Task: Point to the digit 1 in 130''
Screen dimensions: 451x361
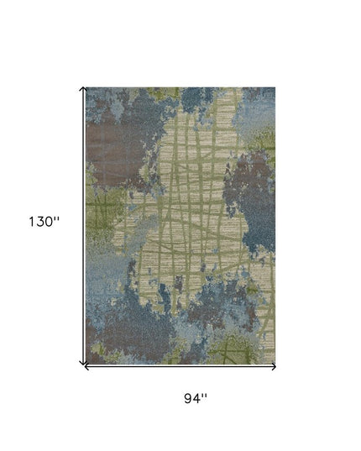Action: coord(32,223)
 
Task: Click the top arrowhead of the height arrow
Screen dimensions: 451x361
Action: coord(82,88)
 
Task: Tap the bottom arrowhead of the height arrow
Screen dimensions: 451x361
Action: coord(82,362)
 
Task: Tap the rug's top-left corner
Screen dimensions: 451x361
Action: coord(86,87)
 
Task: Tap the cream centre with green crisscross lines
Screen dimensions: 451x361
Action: coord(193,210)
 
